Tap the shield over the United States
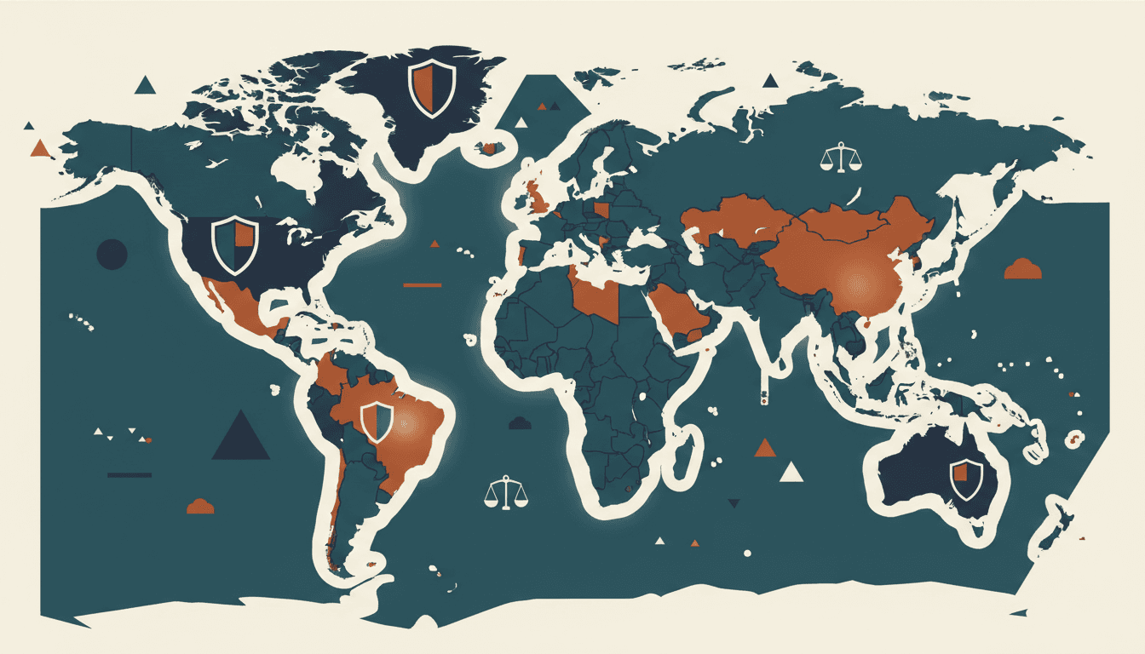tap(234, 244)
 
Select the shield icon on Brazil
tap(376, 422)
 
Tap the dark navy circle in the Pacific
tap(112, 254)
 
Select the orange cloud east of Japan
tap(1023, 269)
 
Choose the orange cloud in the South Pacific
tap(200, 506)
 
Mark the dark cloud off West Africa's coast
tap(520, 422)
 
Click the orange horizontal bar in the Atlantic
tap(422, 284)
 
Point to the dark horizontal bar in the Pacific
tap(129, 474)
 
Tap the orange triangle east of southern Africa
tap(765, 448)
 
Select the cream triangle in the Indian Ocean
tap(791, 472)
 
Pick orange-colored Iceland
tap(488, 148)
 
